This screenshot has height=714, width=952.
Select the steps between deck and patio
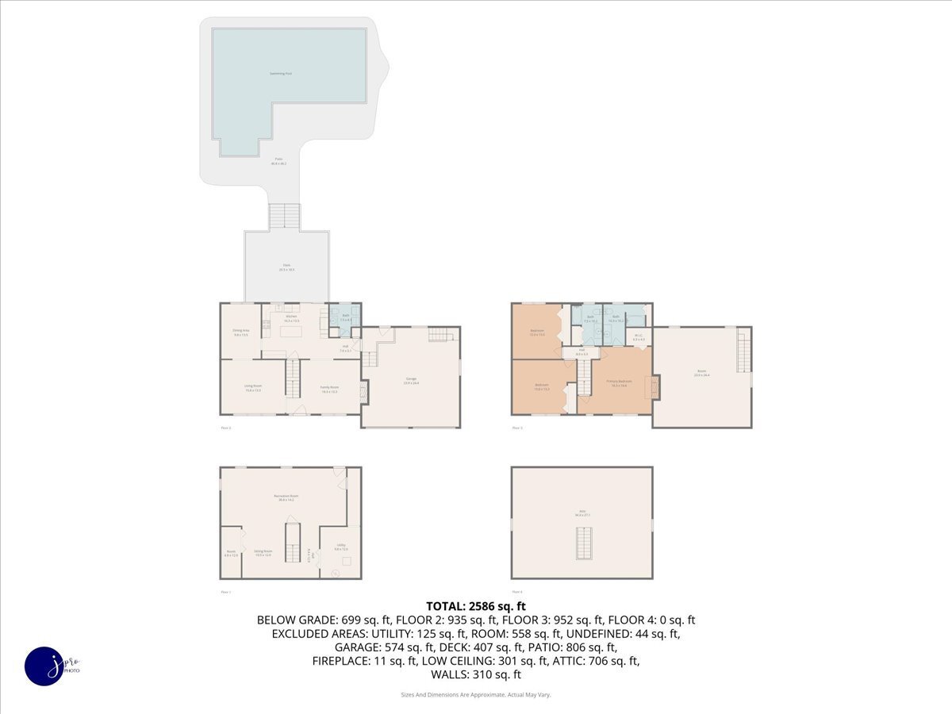pyautogui.click(x=285, y=217)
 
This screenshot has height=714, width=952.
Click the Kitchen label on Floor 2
pyautogui.click(x=291, y=317)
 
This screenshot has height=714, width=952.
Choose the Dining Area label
pyautogui.click(x=240, y=332)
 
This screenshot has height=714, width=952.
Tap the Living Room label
pyautogui.click(x=253, y=388)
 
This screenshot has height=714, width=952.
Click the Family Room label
pyautogui.click(x=328, y=389)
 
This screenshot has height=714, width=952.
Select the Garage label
pyautogui.click(x=411, y=382)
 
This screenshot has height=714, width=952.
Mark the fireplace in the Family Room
pyautogui.click(x=363, y=390)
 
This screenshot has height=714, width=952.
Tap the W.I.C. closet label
pyautogui.click(x=639, y=337)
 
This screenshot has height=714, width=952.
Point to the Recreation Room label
pyautogui.click(x=286, y=497)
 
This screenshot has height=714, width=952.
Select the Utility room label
pyautogui.click(x=340, y=547)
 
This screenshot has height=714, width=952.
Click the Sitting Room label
pyautogui.click(x=263, y=552)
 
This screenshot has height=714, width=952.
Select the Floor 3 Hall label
pyautogui.click(x=582, y=351)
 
